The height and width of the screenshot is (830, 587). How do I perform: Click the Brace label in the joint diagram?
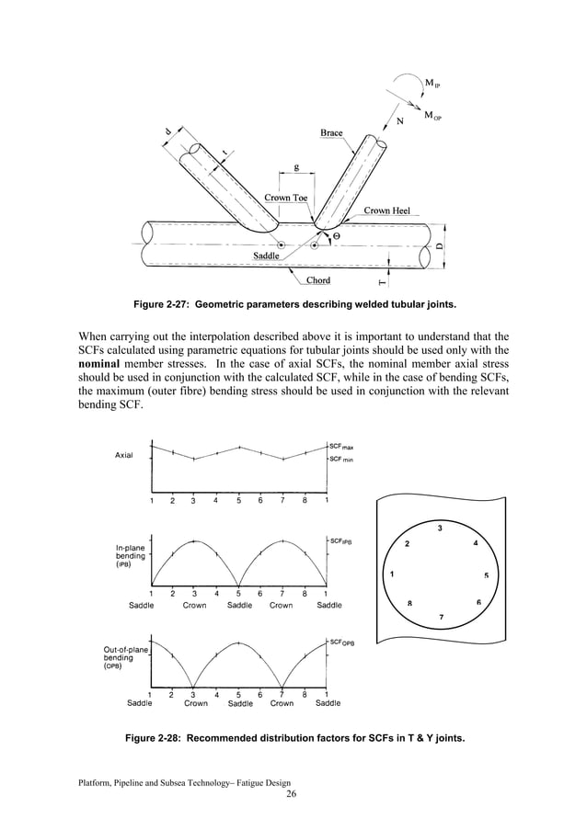point(331,133)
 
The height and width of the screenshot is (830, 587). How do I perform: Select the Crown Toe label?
point(286,198)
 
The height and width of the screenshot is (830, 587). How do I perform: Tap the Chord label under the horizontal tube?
point(318,280)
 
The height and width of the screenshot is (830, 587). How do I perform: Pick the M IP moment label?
point(432,84)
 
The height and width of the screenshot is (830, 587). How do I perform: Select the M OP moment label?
point(432,116)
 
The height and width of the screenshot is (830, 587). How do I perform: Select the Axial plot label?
point(125,455)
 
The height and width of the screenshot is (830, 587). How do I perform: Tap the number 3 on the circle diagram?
point(440,529)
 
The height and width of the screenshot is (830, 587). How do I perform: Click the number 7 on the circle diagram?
point(440,617)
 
